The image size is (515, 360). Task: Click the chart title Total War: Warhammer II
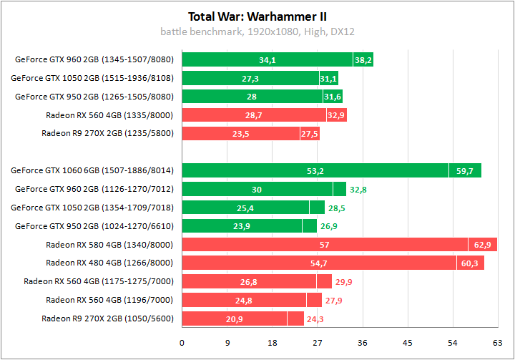coord(257,16)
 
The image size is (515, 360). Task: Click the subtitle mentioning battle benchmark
coord(257,31)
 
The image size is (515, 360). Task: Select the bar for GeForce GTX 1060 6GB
coord(315,170)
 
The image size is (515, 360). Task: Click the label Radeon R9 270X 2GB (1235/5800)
coord(107,133)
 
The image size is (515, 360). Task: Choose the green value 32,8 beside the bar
coord(358,190)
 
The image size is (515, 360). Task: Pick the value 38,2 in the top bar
coord(363,60)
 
